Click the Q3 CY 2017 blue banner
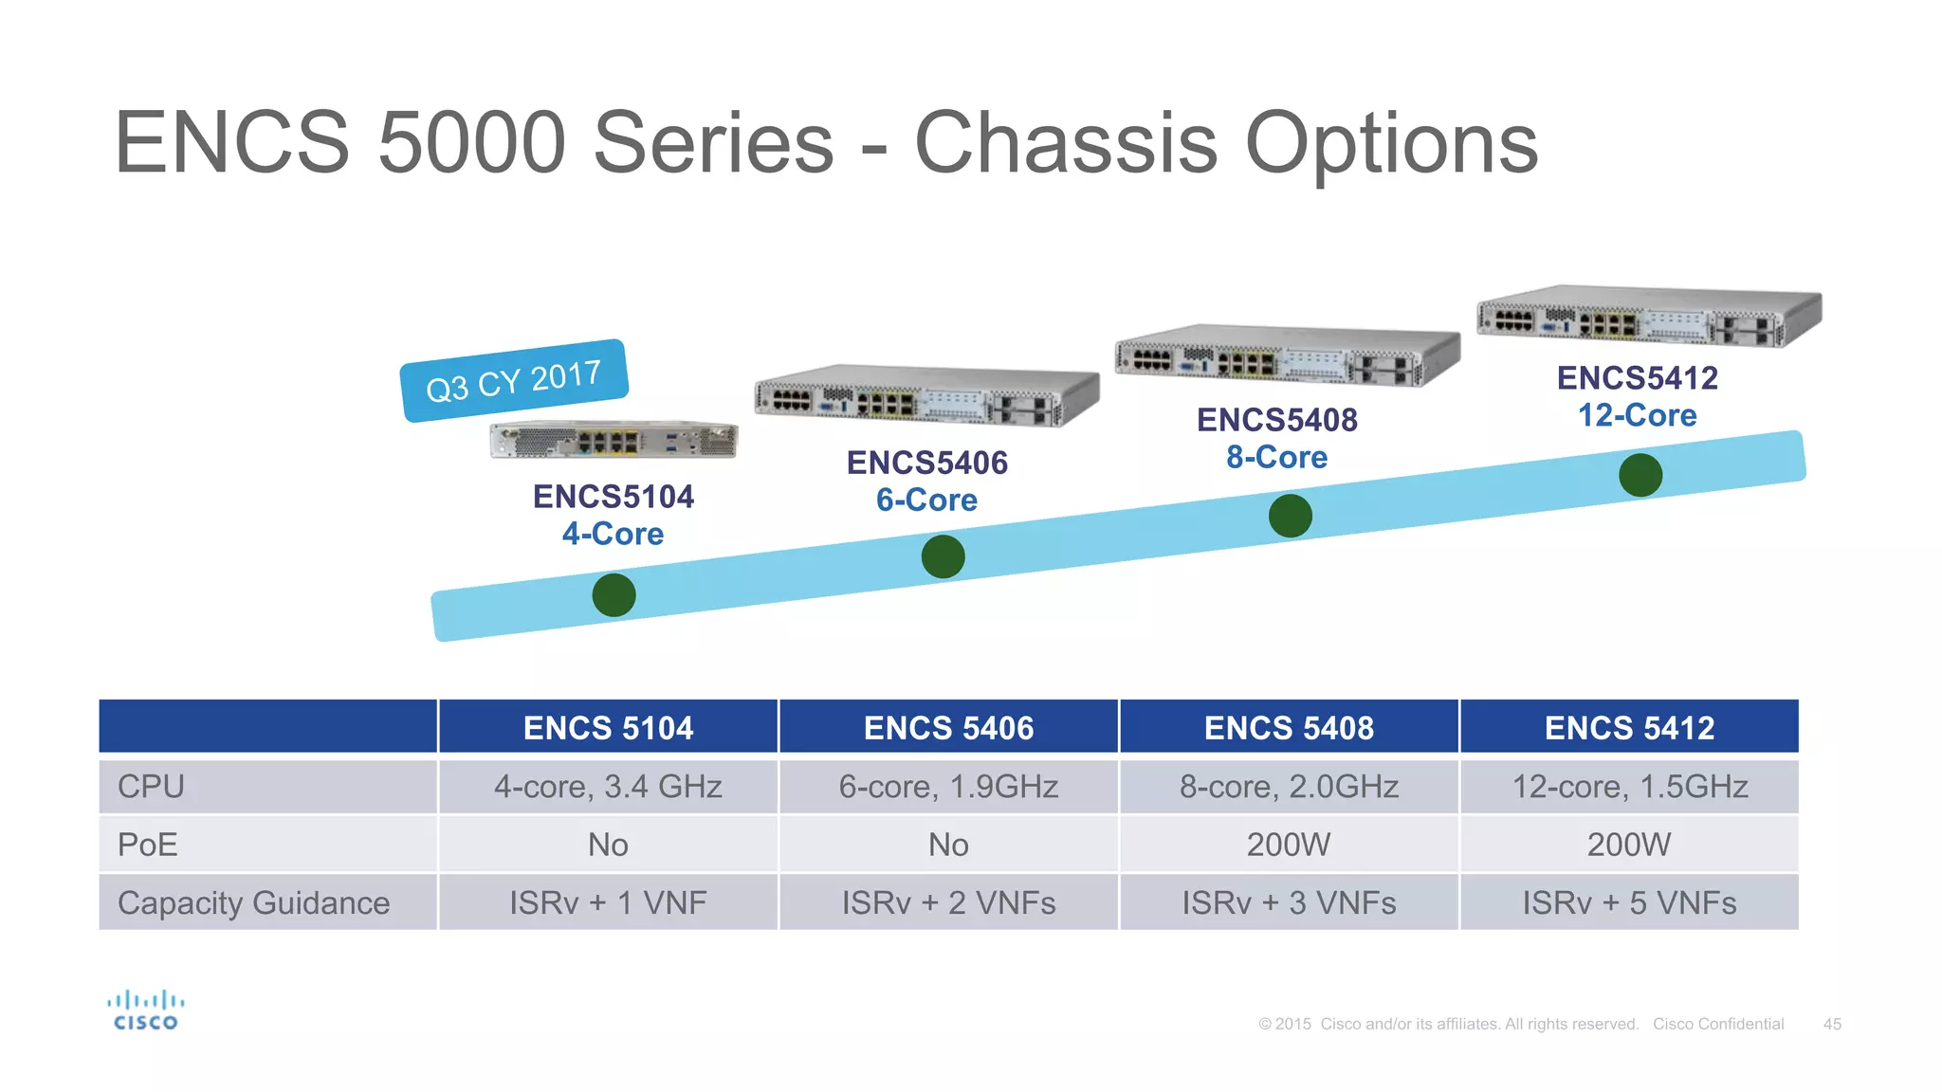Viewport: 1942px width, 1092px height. click(x=514, y=380)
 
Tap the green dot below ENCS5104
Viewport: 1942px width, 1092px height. click(x=614, y=595)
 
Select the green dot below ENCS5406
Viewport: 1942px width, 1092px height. click(x=943, y=556)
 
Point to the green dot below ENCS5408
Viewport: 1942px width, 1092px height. click(x=1290, y=516)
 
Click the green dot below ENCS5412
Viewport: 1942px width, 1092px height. click(x=1640, y=475)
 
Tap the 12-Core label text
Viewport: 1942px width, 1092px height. click(x=1637, y=415)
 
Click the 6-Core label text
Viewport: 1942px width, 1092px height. click(x=926, y=500)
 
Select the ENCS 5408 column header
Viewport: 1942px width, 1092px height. click(x=1289, y=728)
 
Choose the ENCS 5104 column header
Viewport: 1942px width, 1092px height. click(x=608, y=728)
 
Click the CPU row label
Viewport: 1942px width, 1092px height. click(x=152, y=787)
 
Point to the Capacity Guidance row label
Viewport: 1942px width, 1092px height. click(x=253, y=902)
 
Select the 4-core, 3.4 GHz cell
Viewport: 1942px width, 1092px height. click(x=608, y=787)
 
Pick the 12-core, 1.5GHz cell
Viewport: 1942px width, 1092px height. click(x=1629, y=787)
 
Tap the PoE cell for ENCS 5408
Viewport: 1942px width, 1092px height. click(x=1289, y=845)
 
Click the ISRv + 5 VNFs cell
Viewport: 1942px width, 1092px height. click(x=1629, y=902)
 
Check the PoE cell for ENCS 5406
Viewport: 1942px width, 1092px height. click(x=948, y=845)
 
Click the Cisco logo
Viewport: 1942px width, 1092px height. click(x=145, y=1010)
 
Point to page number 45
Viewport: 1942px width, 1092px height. click(x=1832, y=1024)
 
